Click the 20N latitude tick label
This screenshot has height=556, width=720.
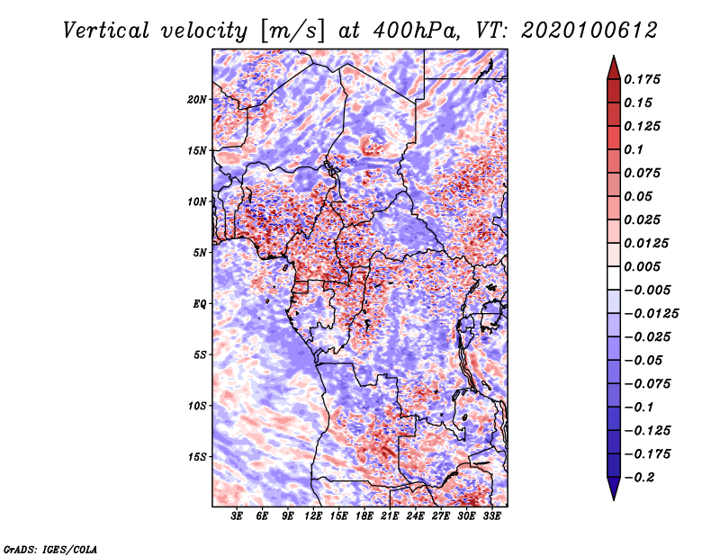pyautogui.click(x=197, y=100)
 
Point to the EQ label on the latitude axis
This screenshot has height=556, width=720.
pyautogui.click(x=200, y=304)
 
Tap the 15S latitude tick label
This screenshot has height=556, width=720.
pyautogui.click(x=197, y=457)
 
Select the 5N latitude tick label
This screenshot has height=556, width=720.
pyautogui.click(x=200, y=253)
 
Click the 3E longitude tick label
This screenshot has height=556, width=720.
pyautogui.click(x=237, y=516)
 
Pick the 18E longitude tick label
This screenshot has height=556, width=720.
pyautogui.click(x=364, y=516)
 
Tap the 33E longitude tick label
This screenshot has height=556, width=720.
pyautogui.click(x=491, y=516)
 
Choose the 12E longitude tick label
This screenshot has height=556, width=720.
pyautogui.click(x=313, y=516)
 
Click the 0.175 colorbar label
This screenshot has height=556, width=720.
pyautogui.click(x=642, y=79)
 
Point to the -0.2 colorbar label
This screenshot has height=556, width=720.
pyautogui.click(x=640, y=478)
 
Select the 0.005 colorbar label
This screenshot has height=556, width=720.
pyautogui.click(x=642, y=266)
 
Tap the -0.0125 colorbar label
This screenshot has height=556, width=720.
pyautogui.click(x=652, y=314)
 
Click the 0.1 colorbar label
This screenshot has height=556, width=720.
pyautogui.click(x=634, y=149)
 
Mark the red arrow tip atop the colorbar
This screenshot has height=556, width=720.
pyautogui.click(x=614, y=56)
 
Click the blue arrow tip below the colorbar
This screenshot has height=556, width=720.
pyautogui.click(x=614, y=499)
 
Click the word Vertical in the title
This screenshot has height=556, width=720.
pyautogui.click(x=106, y=31)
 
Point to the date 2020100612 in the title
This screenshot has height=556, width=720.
pyautogui.click(x=589, y=31)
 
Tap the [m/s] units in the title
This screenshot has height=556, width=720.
pyautogui.click(x=292, y=31)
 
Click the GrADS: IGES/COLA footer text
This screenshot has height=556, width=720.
pyautogui.click(x=50, y=549)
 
